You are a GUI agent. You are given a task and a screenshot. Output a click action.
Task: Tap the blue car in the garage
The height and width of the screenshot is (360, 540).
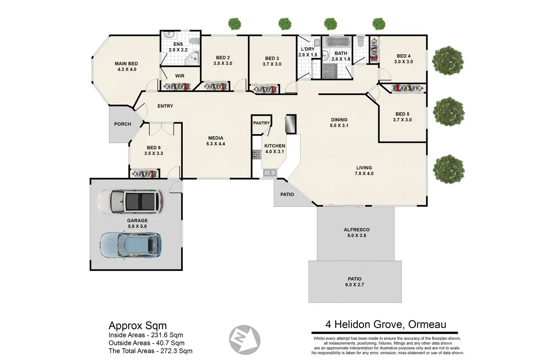point(131,245)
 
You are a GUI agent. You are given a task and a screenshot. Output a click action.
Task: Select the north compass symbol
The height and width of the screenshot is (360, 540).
point(245,339)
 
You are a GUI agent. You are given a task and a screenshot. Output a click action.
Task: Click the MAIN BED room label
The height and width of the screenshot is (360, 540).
point(126,63)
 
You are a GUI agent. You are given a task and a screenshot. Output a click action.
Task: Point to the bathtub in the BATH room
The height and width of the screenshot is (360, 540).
point(337,43)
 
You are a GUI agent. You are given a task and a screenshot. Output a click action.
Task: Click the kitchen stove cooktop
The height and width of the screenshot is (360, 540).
point(257,154)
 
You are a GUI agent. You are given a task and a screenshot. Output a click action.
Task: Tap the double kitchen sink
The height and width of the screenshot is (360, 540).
point(270,172)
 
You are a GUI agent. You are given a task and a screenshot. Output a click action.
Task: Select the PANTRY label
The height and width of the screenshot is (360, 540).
point(261,123)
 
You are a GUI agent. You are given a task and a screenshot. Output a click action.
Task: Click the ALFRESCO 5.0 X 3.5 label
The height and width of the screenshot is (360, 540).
point(357,233)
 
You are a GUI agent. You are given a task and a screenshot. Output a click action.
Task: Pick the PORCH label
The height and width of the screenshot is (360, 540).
point(123,124)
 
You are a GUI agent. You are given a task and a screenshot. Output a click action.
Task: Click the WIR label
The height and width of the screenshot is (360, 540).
point(180,76)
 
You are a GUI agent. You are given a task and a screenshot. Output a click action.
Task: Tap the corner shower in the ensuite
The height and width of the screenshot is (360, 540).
point(192,58)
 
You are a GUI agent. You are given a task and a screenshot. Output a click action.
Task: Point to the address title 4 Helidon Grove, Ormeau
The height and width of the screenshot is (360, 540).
point(386,324)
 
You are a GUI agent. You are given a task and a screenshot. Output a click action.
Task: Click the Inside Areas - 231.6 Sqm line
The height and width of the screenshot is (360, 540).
point(146,335)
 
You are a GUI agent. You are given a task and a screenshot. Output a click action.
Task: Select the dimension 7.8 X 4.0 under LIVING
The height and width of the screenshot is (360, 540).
point(364,173)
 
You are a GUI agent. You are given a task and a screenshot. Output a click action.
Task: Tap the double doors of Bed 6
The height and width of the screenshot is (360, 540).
point(161,129)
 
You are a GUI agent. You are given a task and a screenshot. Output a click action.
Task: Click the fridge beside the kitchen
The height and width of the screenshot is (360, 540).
point(291,124)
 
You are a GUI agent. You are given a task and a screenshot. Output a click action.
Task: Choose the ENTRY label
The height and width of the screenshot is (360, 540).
point(165,106)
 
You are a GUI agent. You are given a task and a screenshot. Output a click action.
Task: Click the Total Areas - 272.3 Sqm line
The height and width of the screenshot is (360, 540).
point(150,351)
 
